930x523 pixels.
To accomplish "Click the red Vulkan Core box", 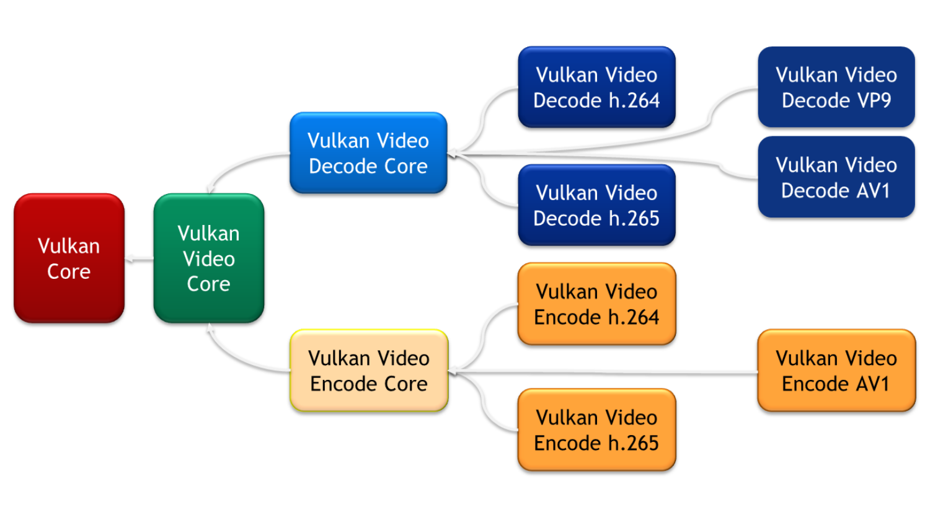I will [69, 258].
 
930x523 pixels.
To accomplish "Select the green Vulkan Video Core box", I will [209, 258].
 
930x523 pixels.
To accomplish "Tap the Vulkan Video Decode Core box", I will [368, 153].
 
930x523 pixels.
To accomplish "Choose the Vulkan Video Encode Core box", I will [369, 371].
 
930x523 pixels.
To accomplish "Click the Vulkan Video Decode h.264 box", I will [596, 87].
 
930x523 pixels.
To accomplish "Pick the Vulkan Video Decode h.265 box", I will [596, 205].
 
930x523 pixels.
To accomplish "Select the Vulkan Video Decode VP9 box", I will [836, 87].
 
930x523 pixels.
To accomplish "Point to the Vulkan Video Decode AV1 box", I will [836, 177].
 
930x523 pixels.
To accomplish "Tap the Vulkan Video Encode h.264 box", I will [596, 304].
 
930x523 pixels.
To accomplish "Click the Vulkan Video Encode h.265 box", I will [596, 430].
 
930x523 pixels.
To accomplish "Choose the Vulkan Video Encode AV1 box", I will [836, 371].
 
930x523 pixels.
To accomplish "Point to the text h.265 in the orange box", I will [633, 443].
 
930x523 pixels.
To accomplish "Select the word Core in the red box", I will [69, 271].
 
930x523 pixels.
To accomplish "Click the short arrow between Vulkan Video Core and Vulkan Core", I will [139, 259].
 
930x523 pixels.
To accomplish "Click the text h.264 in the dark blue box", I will [634, 100].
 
